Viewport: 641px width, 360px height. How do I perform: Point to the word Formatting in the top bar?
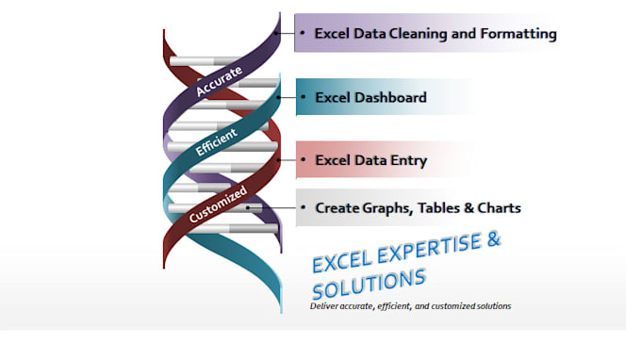[516, 34]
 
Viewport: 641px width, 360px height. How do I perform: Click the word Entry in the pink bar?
[408, 160]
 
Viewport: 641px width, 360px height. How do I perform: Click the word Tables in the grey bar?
[437, 207]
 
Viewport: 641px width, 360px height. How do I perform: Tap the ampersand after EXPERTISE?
[492, 239]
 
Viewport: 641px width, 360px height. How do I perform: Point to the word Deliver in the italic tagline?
[325, 306]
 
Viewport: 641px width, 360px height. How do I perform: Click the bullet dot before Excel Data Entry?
[302, 160]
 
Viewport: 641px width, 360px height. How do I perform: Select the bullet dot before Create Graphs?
[302, 207]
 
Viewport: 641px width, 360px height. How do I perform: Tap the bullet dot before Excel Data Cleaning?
[302, 34]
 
